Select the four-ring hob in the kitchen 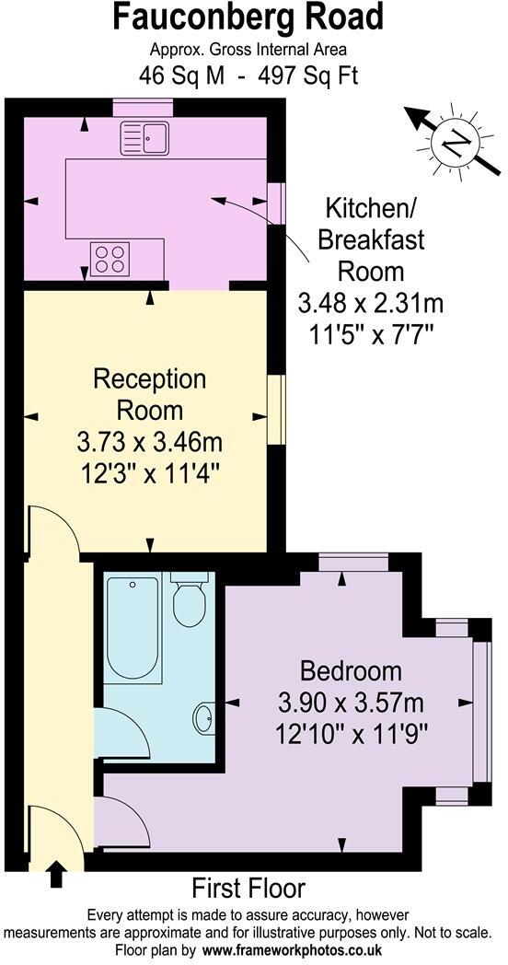click(x=110, y=257)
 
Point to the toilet click(x=189, y=600)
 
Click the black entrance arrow click(x=56, y=873)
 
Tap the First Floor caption click(x=248, y=889)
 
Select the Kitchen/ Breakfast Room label click(x=371, y=239)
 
